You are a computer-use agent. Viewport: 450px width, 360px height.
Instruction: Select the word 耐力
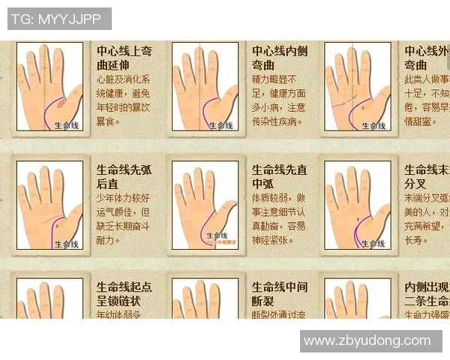[108, 240]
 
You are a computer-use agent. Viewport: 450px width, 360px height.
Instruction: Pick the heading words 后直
[109, 183]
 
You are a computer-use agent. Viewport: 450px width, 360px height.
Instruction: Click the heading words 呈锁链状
[119, 301]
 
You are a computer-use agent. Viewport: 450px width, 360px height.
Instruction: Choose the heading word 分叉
[415, 183]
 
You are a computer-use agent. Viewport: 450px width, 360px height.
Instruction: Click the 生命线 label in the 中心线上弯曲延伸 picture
[67, 127]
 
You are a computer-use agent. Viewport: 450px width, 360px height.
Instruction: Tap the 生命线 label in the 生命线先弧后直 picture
[66, 244]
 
